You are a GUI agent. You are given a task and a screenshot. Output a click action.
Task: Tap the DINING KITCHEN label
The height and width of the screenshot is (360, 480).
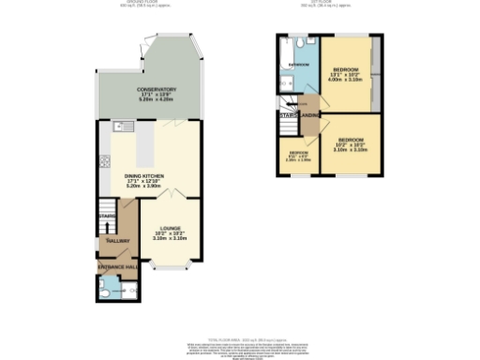[143, 175]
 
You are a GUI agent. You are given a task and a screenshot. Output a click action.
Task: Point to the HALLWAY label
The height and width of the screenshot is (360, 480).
[117, 241]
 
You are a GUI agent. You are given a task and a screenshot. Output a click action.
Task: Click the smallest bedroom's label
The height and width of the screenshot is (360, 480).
[298, 152]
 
